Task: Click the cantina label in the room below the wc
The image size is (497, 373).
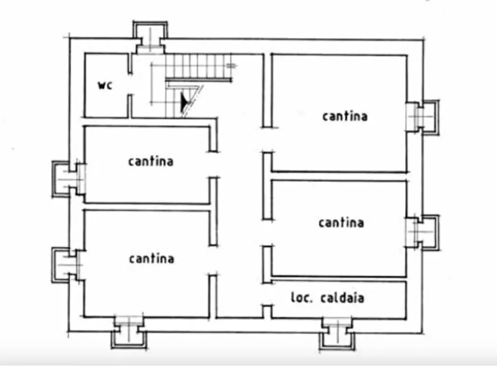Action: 150,161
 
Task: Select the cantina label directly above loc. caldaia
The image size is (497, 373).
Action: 341,223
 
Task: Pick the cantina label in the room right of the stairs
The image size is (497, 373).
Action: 345,116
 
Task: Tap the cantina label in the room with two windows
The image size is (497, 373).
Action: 151,258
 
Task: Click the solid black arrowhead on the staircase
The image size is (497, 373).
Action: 185,101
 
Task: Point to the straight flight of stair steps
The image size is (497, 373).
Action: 198,66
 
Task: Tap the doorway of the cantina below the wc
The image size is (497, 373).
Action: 213,165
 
